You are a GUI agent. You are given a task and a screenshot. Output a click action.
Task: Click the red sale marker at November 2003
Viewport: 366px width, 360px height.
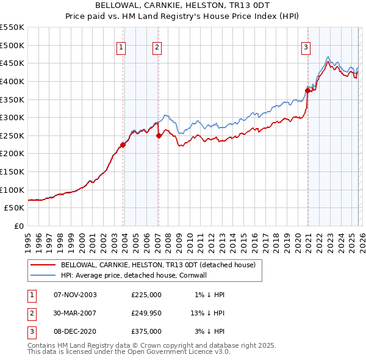(x=123, y=145)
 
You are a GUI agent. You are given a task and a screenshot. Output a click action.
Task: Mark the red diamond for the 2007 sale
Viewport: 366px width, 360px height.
(x=159, y=135)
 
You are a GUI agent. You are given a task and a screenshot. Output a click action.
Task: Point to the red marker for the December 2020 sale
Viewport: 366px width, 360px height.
(x=307, y=90)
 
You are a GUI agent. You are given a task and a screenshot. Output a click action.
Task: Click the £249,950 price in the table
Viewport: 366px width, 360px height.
(x=146, y=313)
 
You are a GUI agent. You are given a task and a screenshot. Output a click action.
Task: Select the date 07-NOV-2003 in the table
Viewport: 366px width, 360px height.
(x=75, y=295)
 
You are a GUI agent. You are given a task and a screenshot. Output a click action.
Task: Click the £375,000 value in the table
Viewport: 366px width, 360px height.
(x=146, y=331)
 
